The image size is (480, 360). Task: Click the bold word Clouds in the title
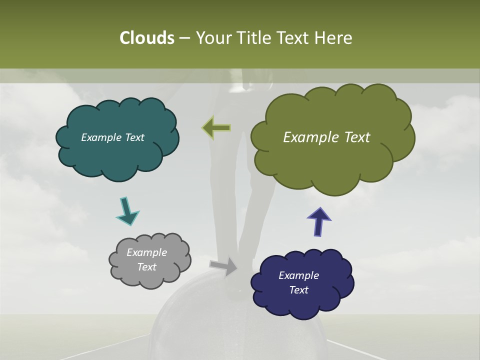click(x=146, y=38)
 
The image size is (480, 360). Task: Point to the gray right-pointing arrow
click(x=223, y=266)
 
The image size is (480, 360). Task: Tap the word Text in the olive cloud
click(x=353, y=137)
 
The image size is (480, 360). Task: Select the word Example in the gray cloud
click(x=146, y=252)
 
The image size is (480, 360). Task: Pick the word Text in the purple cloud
click(x=298, y=290)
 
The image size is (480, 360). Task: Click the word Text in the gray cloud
click(x=146, y=267)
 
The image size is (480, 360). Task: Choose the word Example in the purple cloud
click(x=298, y=275)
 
